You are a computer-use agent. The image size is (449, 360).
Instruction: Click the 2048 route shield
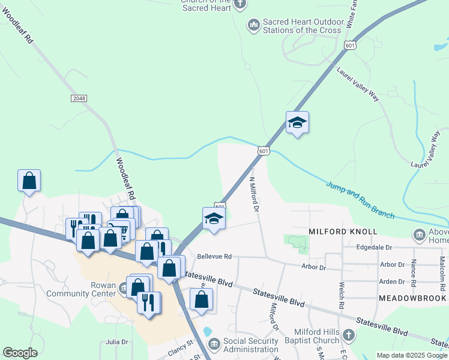(78, 98)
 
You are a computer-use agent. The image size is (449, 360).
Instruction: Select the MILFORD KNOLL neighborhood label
(343, 232)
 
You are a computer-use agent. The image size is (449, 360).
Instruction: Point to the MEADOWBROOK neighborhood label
(412, 298)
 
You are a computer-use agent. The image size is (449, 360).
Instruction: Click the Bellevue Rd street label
(214, 256)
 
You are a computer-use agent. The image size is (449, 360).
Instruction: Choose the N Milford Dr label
(253, 194)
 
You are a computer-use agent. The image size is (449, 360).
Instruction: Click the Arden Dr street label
(392, 281)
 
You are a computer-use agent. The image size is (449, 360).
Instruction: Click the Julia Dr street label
(117, 342)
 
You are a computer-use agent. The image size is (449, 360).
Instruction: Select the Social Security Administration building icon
(213, 343)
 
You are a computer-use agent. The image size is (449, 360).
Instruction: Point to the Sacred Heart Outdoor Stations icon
(253, 25)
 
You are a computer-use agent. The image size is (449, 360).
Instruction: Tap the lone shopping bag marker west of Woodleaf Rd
(29, 180)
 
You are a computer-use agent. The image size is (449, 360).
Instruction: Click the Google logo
(20, 353)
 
